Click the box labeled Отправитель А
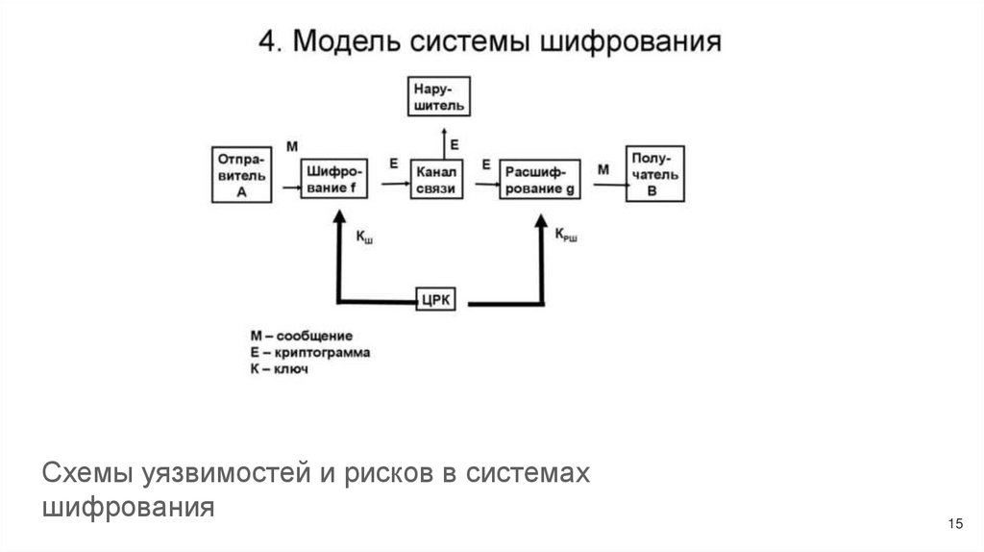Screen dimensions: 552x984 241,173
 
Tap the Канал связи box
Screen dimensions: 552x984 437,180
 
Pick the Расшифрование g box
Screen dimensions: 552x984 541,180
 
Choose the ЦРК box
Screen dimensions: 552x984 441,299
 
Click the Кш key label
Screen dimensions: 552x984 364,237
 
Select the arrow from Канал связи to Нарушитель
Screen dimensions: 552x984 443,141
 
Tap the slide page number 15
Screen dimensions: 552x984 954,523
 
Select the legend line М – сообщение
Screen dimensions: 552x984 302,336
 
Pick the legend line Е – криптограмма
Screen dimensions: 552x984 310,352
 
